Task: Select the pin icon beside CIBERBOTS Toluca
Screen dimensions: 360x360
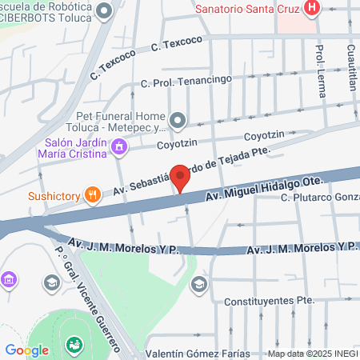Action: click(104, 12)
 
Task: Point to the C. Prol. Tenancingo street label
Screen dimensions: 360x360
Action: click(186, 81)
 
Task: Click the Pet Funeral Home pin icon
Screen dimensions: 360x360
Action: click(178, 121)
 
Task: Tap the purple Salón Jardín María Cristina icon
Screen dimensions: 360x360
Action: click(119, 146)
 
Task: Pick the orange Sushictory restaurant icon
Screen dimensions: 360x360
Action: click(93, 194)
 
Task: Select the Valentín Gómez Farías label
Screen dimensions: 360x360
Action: click(198, 354)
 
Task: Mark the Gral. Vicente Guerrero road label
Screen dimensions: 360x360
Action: click(96, 296)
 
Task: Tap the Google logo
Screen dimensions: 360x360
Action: click(27, 350)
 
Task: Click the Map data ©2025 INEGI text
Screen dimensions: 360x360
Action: click(312, 354)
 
